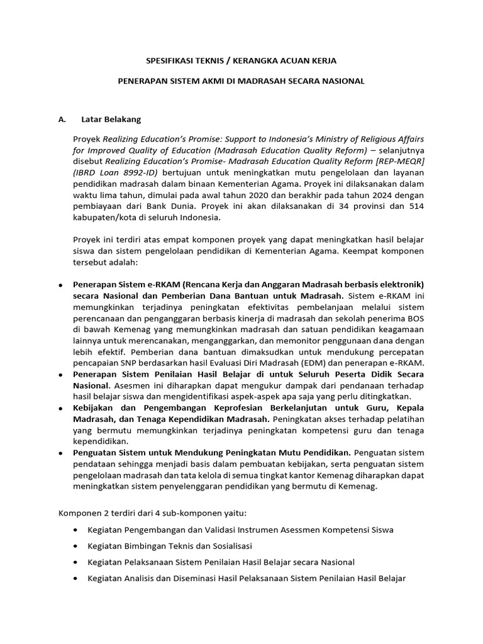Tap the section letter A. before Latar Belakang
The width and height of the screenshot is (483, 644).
62,119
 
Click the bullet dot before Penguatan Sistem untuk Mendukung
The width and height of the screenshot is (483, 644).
59,452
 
